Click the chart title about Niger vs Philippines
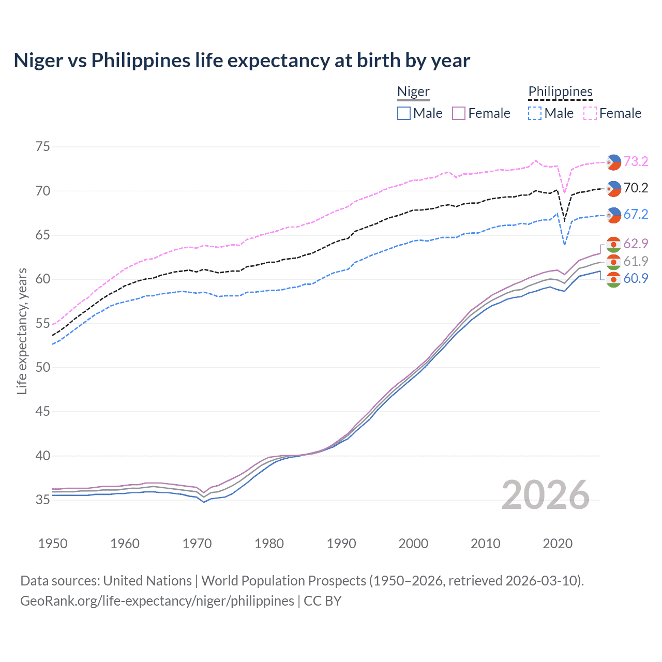[x=242, y=61]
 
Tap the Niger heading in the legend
[x=413, y=92]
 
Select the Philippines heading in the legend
[x=560, y=92]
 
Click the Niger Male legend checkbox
[x=404, y=113]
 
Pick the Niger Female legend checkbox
[x=459, y=113]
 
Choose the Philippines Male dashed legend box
[x=535, y=113]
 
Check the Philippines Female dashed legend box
[x=590, y=113]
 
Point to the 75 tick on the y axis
[x=43, y=147]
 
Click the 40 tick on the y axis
[x=43, y=456]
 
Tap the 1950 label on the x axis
[x=53, y=544]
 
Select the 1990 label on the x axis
[x=341, y=544]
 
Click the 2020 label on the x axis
[x=558, y=544]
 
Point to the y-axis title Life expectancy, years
[x=22, y=331]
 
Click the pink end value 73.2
[x=636, y=161]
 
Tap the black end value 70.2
[x=636, y=188]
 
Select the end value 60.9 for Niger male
[x=636, y=278]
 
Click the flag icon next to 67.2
[x=613, y=215]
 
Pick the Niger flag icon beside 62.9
[x=613, y=244]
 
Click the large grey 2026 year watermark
[x=546, y=495]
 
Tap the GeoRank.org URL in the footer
[x=157, y=600]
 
